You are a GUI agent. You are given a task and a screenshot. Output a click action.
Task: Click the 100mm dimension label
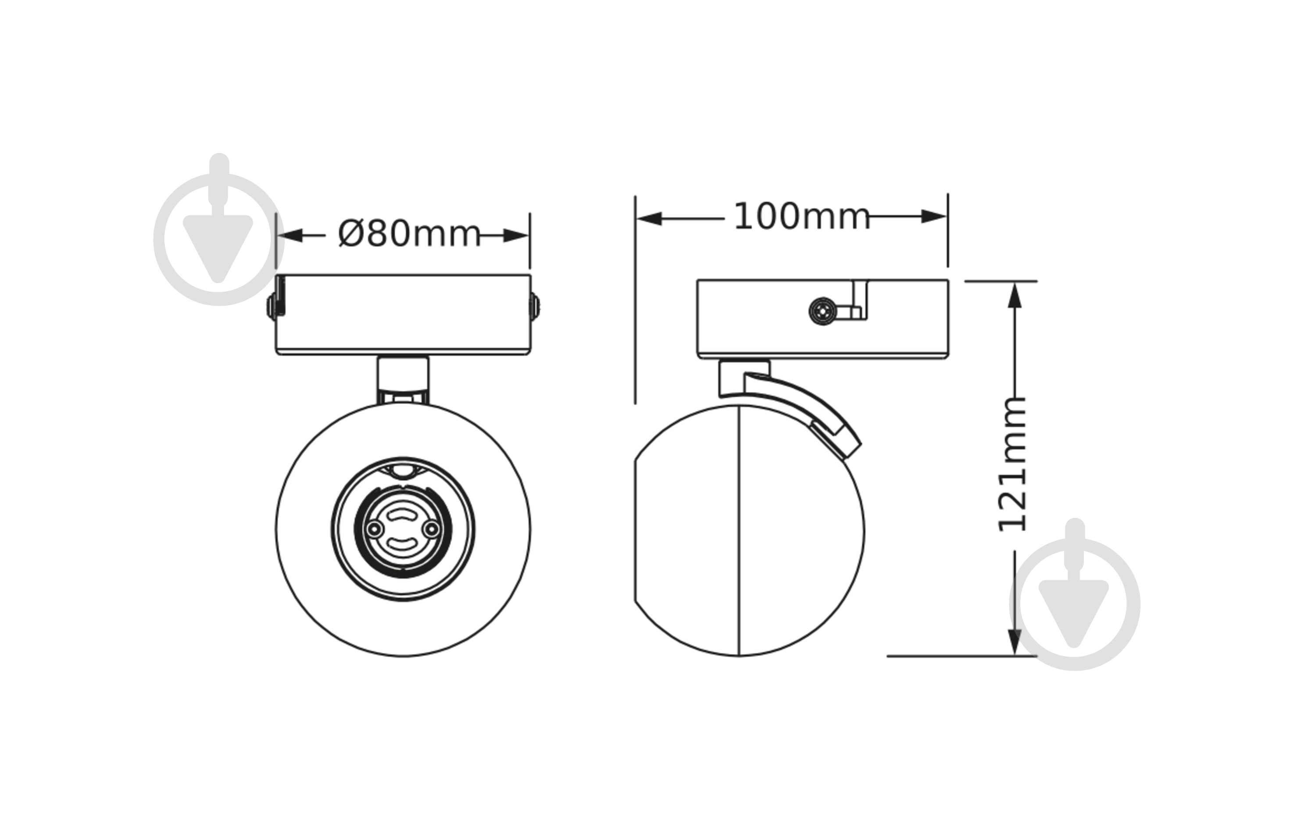(x=801, y=217)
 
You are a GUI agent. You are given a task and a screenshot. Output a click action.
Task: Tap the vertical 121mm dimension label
(x=1012, y=465)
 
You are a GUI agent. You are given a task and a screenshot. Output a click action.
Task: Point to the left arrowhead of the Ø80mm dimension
(x=290, y=236)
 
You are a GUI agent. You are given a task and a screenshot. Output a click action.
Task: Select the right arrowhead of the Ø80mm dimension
(x=515, y=236)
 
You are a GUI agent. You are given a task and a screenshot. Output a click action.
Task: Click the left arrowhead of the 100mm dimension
(x=649, y=219)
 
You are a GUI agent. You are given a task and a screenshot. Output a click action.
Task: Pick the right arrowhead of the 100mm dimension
(x=933, y=216)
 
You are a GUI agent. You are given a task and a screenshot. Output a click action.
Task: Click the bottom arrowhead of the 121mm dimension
(x=1014, y=642)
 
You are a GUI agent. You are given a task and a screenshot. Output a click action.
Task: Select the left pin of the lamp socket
(x=375, y=529)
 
